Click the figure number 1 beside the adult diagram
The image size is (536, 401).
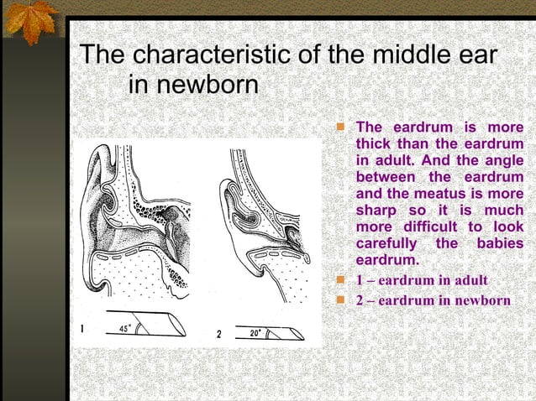[81, 330]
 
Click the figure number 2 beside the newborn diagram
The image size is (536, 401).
[218, 334]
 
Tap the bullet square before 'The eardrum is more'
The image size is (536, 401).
[340, 128]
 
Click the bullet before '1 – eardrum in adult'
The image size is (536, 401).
[340, 280]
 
